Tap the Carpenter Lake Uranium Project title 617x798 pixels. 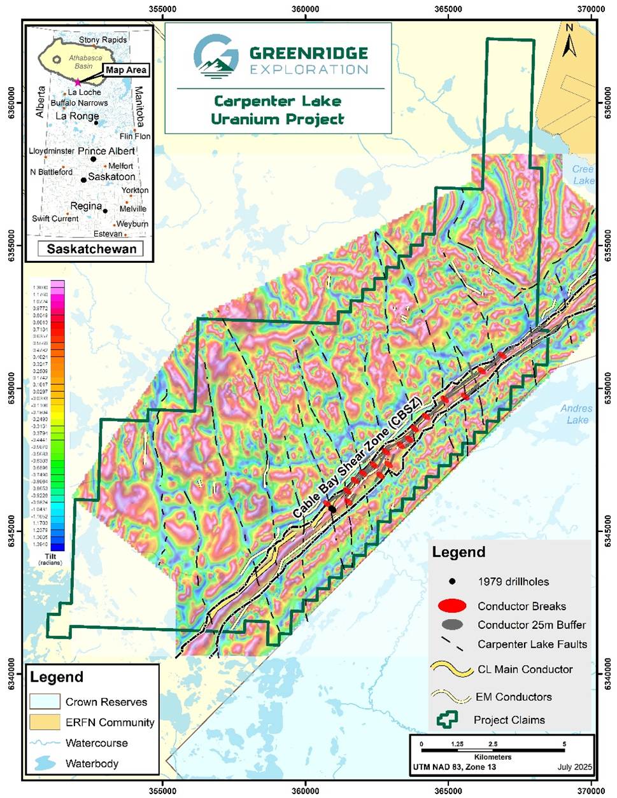pos(278,110)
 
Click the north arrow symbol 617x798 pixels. pos(569,41)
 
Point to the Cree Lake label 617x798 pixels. pos(583,175)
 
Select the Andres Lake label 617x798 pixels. pos(577,414)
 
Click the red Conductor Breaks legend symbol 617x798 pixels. pos(452,606)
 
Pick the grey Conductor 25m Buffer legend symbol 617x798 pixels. pos(452,625)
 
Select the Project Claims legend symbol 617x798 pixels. pos(448,720)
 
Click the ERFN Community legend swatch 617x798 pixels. pos(45,722)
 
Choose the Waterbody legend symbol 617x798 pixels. pos(45,763)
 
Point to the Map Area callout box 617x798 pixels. pos(125,70)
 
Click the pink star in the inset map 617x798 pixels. pos(78,82)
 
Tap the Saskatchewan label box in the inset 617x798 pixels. pos(92,249)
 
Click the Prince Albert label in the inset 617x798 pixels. pos(106,151)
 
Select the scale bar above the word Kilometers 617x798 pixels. pos(493,749)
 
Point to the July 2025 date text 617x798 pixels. pos(574,767)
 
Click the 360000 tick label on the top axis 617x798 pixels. pos(306,10)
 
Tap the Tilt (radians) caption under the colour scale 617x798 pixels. pos(50,559)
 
